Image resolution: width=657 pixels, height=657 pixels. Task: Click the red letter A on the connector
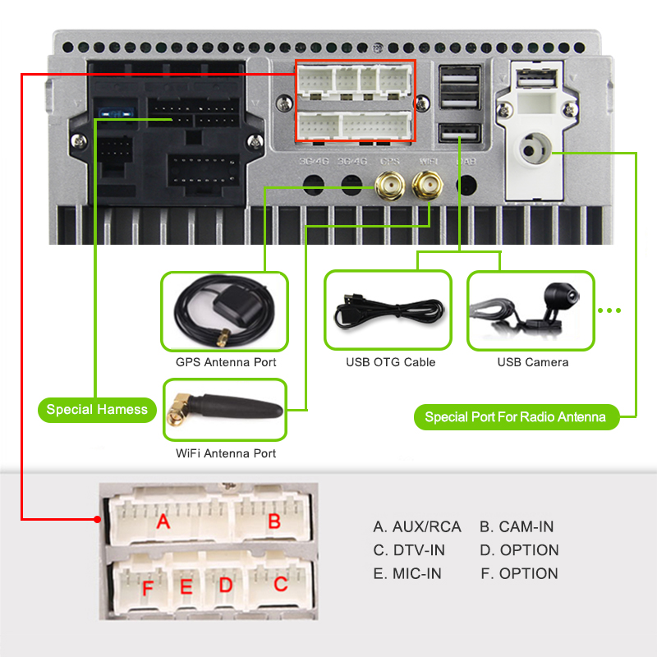[163, 521]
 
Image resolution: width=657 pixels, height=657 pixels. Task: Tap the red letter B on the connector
[274, 521]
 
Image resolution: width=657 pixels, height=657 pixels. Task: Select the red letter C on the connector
[280, 585]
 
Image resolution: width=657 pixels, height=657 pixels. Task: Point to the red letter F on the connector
[148, 588]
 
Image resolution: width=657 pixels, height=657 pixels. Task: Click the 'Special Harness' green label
[97, 409]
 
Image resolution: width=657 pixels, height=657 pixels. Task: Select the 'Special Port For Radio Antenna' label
[515, 417]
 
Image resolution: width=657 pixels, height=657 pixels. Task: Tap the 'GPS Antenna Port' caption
[226, 362]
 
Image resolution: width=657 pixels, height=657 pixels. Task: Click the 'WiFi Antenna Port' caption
[226, 453]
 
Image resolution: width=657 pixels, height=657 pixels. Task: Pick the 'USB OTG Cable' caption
[390, 362]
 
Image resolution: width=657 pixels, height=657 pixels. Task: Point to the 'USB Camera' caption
[532, 362]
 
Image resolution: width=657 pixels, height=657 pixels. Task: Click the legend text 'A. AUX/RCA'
[417, 526]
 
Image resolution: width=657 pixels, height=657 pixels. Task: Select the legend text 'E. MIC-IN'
[407, 573]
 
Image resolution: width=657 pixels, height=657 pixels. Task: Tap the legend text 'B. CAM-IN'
[517, 526]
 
